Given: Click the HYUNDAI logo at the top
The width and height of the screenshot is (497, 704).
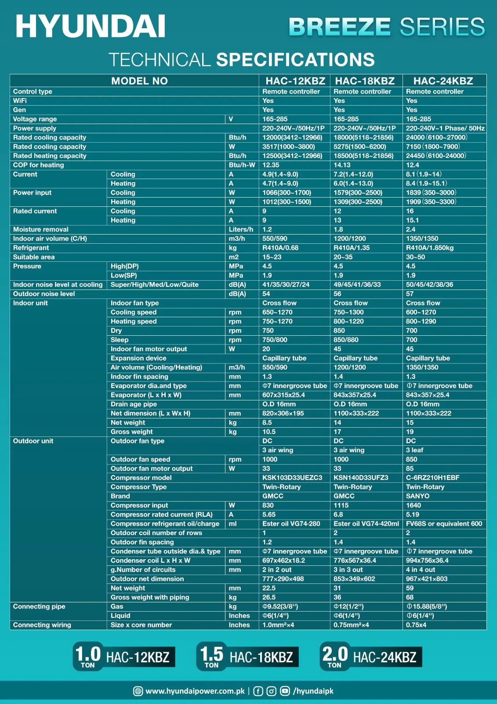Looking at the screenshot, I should pyautogui.click(x=91, y=26).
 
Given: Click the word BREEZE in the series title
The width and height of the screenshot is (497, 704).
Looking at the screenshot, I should pyautogui.click(x=340, y=27).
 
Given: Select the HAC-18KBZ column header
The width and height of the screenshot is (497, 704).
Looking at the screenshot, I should pyautogui.click(x=365, y=81).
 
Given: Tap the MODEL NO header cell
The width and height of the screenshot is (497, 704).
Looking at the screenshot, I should pyautogui.click(x=139, y=81).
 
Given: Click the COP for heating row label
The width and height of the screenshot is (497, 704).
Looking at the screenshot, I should pyautogui.click(x=39, y=165).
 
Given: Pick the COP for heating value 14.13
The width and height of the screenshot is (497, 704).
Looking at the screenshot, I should pyautogui.click(x=342, y=165).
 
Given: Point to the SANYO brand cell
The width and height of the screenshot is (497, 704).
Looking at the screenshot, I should pyautogui.click(x=417, y=496).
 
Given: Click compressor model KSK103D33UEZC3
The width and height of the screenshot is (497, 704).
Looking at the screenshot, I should pyautogui.click(x=292, y=477).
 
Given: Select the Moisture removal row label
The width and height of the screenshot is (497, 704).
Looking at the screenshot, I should pyautogui.click(x=41, y=229).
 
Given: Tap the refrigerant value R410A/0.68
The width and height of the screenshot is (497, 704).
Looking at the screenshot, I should pyautogui.click(x=280, y=248).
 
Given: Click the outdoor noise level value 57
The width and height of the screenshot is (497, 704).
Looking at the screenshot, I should pyautogui.click(x=410, y=293).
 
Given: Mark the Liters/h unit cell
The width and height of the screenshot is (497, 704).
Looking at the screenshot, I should pyautogui.click(x=241, y=229).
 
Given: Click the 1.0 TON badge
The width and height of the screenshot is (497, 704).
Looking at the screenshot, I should pyautogui.click(x=88, y=656).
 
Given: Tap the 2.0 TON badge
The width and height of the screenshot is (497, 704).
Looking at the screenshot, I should pyautogui.click(x=335, y=656).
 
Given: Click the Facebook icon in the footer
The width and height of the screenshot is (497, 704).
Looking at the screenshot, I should pyautogui.click(x=258, y=691).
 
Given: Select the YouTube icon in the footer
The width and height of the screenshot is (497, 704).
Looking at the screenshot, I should pyautogui.click(x=285, y=691).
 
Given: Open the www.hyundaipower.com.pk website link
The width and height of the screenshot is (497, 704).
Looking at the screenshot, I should pyautogui.click(x=195, y=691).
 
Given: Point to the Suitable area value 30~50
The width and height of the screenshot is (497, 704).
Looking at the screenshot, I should pyautogui.click(x=415, y=257).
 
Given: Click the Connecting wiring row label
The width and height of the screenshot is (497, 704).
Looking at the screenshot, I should pyautogui.click(x=42, y=625).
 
